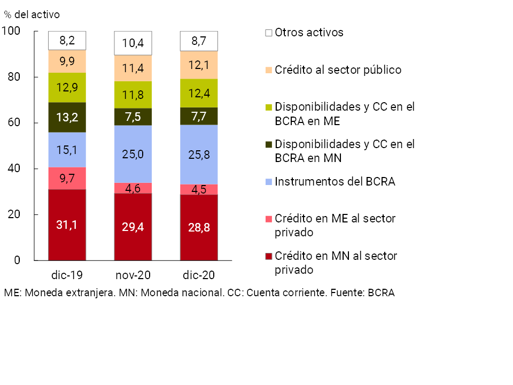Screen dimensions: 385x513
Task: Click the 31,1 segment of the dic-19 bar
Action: coord(67,225)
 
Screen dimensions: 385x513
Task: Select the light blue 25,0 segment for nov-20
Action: coord(133,154)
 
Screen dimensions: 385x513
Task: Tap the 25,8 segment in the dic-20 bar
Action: coord(199,154)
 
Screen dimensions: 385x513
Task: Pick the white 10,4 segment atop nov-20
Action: coord(133,43)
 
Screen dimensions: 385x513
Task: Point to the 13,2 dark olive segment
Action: coord(67,117)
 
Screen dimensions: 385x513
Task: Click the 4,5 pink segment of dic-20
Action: coord(199,189)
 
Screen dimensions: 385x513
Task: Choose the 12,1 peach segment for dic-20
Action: coord(199,65)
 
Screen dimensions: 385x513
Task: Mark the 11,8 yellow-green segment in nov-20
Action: coord(133,95)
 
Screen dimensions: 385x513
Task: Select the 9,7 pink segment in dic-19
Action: coord(67,178)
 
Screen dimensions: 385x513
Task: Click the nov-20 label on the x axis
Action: coord(133,275)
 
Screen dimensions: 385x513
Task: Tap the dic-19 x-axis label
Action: coord(67,275)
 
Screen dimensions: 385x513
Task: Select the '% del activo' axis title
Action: coord(32,14)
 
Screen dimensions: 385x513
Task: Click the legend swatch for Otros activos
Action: coord(269,33)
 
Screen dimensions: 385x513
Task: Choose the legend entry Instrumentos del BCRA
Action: coord(335,182)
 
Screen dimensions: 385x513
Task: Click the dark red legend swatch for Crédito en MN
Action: coord(269,256)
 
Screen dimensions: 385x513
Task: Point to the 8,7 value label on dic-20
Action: coord(199,40)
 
